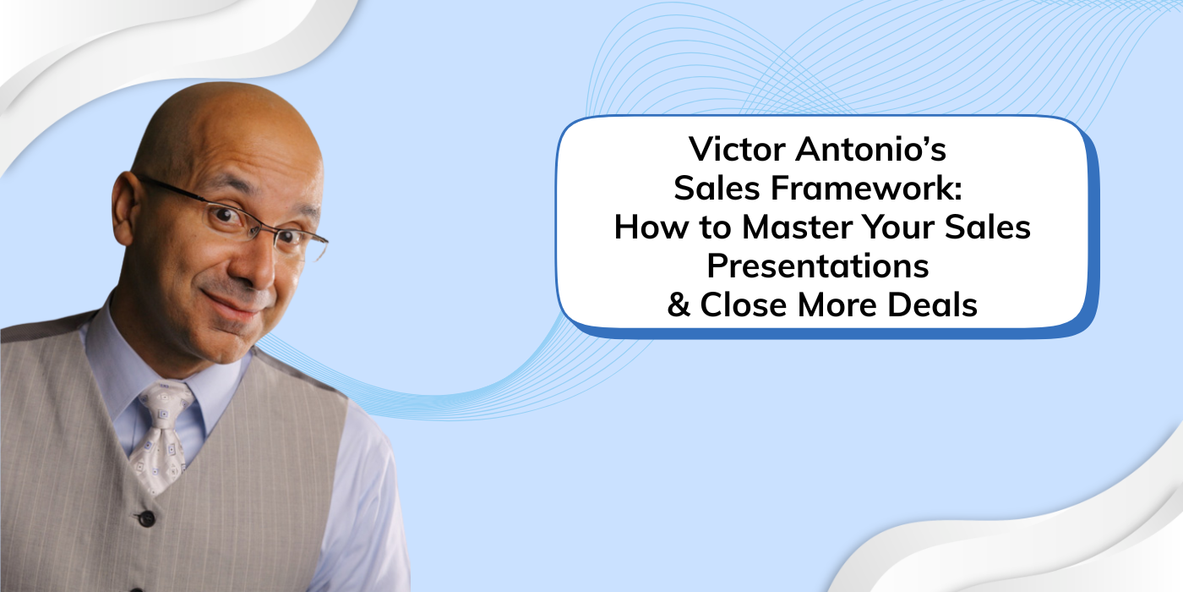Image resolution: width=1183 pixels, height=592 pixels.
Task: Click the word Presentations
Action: point(818,266)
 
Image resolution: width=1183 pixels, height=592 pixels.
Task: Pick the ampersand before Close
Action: point(679,305)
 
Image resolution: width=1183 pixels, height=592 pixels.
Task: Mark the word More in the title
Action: point(840,305)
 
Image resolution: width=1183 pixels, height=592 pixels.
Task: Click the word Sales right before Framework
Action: point(709,189)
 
